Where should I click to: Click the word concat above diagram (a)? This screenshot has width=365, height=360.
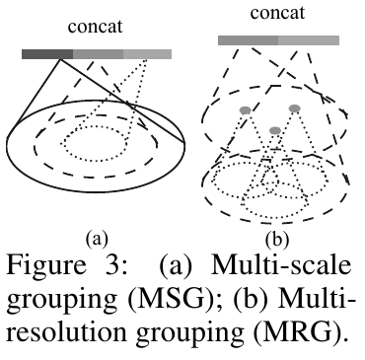95,27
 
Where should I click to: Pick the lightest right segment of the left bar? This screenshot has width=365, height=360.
147,53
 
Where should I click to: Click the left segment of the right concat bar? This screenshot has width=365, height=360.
248,39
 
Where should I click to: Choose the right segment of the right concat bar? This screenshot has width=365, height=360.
309,39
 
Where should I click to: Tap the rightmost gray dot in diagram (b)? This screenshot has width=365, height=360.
294,108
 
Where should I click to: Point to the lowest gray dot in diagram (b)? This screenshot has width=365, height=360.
275,130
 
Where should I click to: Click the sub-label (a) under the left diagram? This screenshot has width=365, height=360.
96,238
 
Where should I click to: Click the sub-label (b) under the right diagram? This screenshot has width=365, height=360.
278,238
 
